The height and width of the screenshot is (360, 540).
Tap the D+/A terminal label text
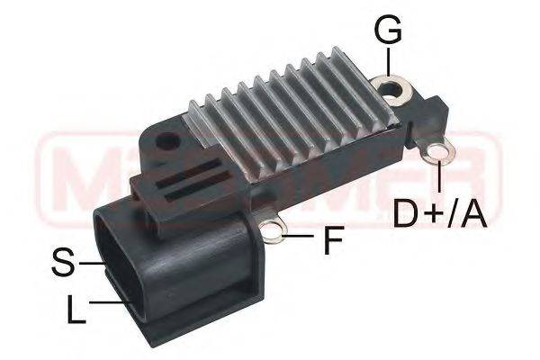pyautogui.click(x=440, y=213)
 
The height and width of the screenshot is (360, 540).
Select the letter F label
pyautogui.click(x=333, y=240)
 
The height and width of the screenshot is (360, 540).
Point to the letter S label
pyautogui.click(x=63, y=263)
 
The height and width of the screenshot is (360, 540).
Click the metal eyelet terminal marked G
pyautogui.click(x=392, y=89)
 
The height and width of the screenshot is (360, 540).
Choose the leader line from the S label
pyautogui.click(x=94, y=263)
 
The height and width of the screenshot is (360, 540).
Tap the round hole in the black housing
pyautogui.click(x=166, y=141)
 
